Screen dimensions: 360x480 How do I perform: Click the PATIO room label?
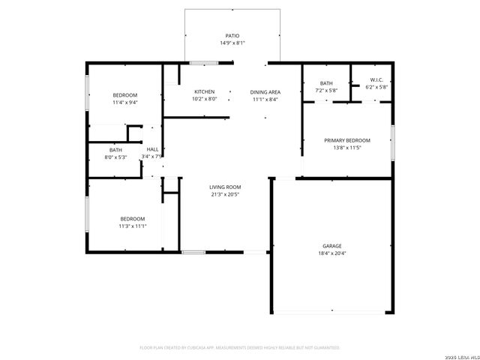[232, 35]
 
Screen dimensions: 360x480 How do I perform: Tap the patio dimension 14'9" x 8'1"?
[232, 43]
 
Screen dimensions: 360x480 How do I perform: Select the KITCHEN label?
[205, 91]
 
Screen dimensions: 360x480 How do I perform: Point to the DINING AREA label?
[265, 91]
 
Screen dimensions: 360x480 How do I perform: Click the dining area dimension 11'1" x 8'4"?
[265, 98]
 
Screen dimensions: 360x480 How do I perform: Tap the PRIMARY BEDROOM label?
[346, 140]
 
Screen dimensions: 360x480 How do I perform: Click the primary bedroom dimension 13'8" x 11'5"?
[346, 148]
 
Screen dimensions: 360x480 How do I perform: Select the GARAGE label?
[331, 245]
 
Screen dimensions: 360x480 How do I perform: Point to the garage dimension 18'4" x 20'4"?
[331, 253]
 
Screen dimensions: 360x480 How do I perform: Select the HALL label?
[152, 149]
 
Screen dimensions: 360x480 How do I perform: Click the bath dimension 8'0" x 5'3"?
[115, 157]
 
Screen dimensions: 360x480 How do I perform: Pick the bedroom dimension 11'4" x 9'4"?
[125, 102]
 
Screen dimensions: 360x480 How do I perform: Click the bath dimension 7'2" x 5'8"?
[326, 90]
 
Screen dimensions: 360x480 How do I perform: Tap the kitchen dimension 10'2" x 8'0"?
[205, 98]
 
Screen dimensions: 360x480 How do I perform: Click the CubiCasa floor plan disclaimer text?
[240, 347]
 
